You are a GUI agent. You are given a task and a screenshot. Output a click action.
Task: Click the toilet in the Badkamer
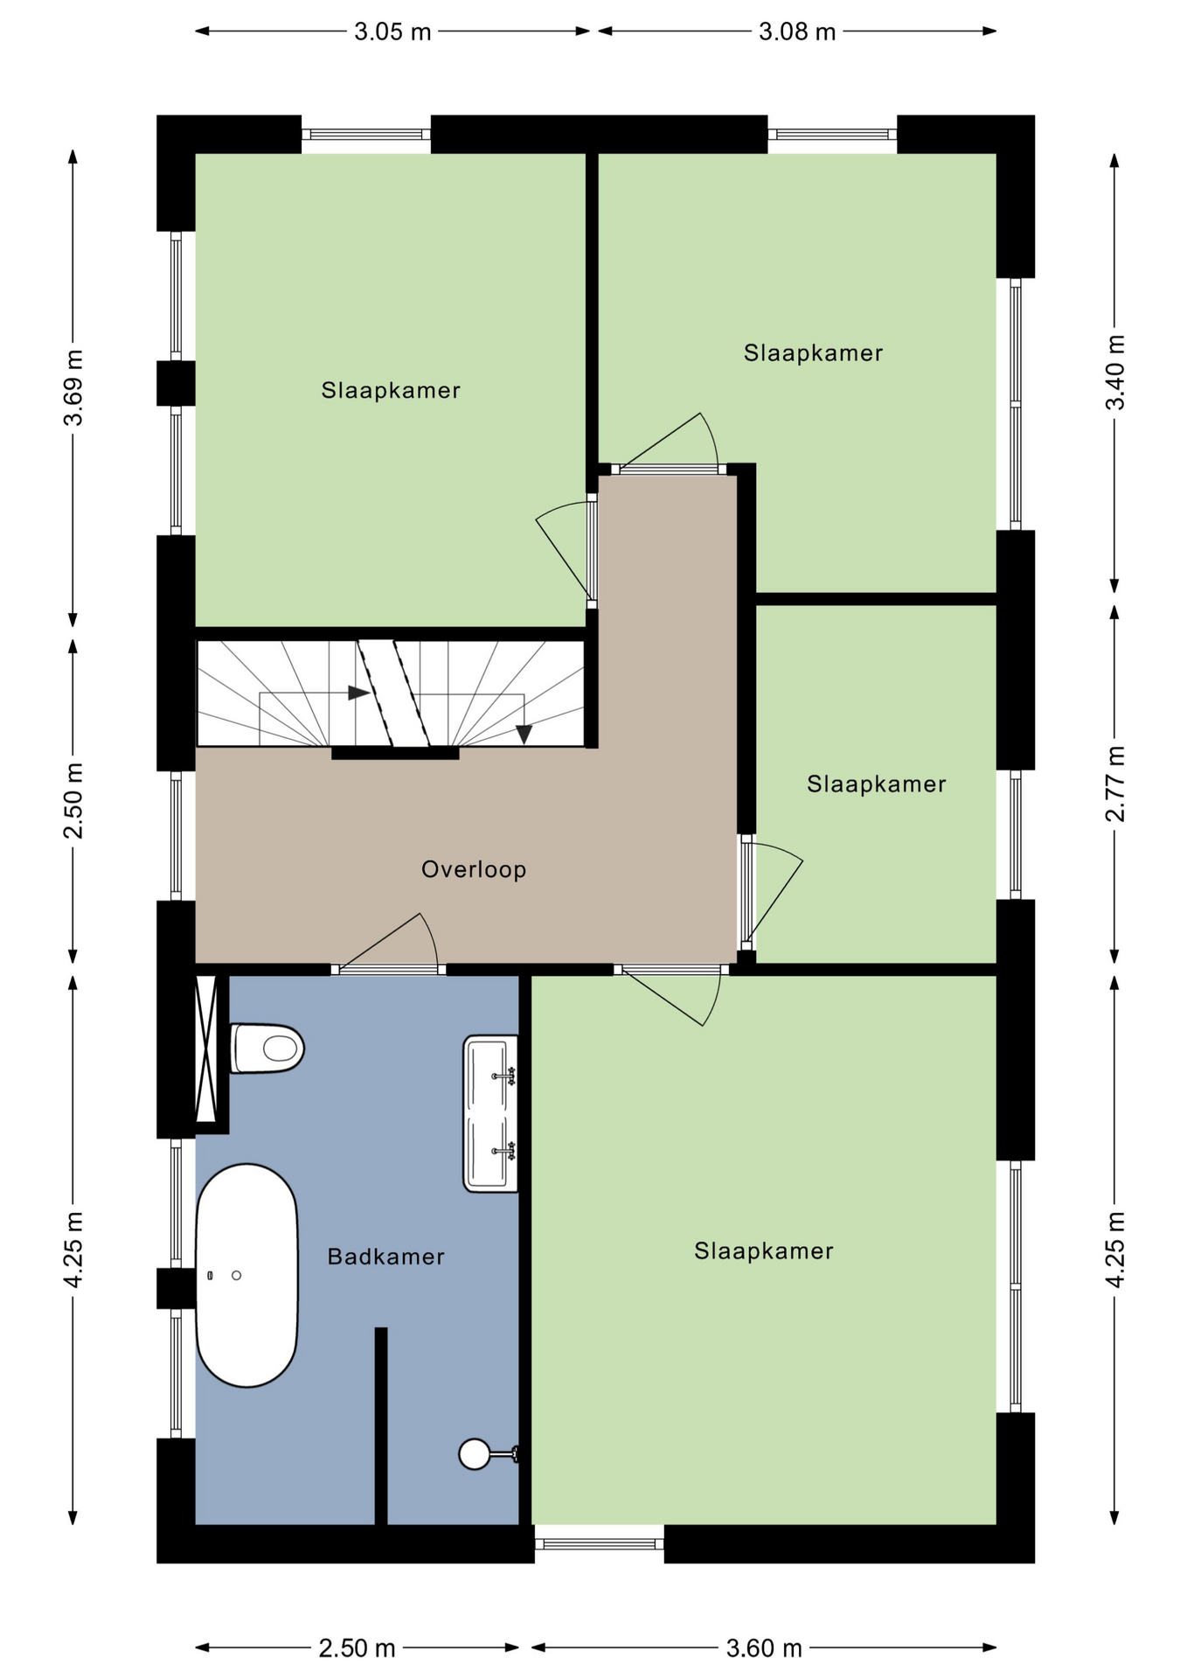point(267,1048)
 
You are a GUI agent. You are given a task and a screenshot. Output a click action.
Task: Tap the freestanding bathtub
point(246,1275)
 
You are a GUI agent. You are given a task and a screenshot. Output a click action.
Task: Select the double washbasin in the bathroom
point(490,1113)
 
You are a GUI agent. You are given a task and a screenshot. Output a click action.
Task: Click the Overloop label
point(474,869)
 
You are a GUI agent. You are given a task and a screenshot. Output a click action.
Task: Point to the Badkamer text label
point(385,1257)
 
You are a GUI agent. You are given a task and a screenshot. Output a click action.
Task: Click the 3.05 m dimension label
point(392,32)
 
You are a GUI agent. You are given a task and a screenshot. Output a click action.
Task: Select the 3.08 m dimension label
point(797,32)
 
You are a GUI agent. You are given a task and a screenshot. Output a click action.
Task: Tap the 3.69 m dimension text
point(73,387)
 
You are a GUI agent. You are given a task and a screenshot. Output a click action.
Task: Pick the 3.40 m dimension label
point(1115,373)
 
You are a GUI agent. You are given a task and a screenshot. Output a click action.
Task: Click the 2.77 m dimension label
point(1115,784)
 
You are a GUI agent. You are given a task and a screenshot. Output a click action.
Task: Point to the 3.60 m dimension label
point(764,1648)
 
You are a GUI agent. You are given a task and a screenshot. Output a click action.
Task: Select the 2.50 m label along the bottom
point(357,1648)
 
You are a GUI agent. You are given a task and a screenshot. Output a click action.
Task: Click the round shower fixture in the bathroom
point(475,1454)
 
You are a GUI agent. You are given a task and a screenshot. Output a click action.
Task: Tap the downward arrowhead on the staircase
point(524,735)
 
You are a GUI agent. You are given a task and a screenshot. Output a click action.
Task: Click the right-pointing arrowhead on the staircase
point(358,693)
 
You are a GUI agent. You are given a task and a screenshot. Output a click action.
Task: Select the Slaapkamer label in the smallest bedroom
point(876,784)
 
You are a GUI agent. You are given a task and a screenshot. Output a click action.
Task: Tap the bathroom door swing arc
point(431,937)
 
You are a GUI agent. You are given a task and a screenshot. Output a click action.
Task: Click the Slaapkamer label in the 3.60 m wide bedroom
point(764,1251)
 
